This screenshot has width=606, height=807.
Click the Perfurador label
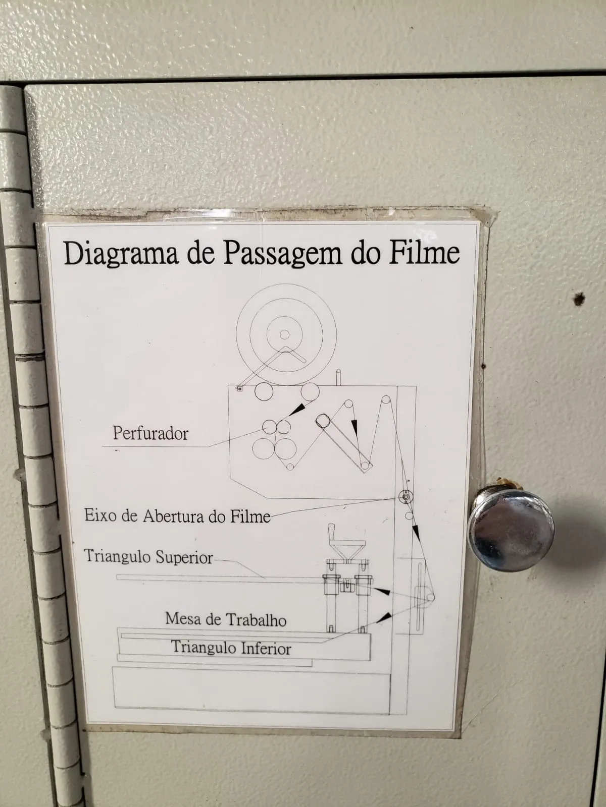pos(150,433)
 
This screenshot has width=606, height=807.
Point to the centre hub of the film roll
pos(284,334)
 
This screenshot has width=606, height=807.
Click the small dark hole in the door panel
pos(580,298)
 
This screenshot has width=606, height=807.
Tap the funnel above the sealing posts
pos(346,550)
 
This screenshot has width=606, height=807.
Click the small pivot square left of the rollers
pos(239,388)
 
